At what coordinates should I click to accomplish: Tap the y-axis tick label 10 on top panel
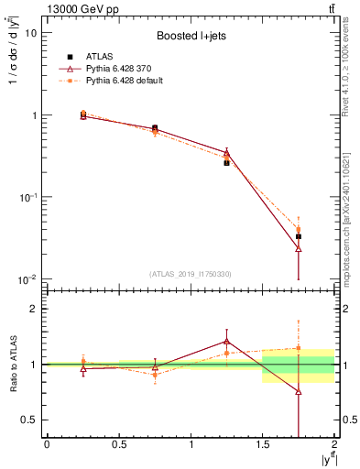pos(31,33)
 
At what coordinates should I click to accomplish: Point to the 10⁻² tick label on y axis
pos(27,279)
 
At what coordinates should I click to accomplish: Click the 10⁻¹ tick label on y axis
pos(27,197)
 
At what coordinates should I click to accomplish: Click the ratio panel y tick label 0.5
pos(30,420)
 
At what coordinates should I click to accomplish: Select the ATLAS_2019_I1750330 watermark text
pos(191,274)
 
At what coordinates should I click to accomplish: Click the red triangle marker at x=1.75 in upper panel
pos(299,247)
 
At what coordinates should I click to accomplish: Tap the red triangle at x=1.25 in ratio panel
pos(226,342)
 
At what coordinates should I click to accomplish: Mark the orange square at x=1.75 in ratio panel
pos(299,348)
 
